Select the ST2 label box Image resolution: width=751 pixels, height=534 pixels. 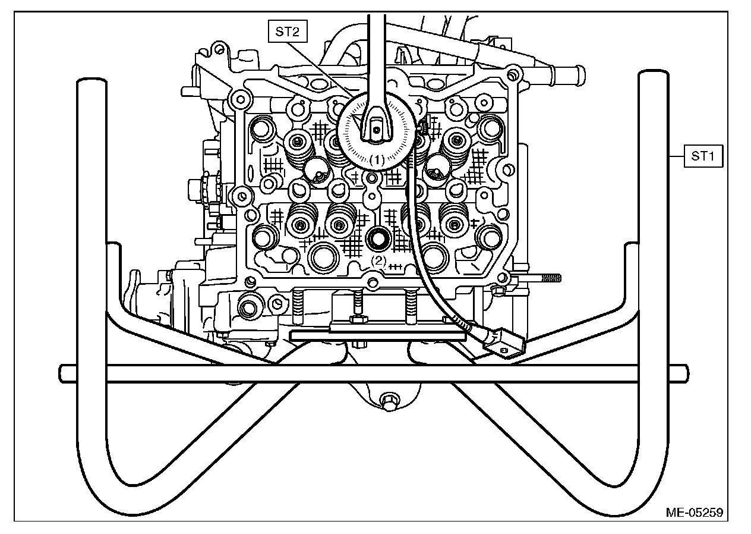[287, 32]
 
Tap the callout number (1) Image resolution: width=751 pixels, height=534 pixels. [377, 159]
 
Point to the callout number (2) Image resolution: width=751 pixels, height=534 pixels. [378, 260]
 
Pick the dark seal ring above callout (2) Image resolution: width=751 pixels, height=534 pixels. [378, 239]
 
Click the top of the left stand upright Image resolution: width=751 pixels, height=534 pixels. [91, 83]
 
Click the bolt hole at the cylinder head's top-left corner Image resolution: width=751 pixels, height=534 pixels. [239, 98]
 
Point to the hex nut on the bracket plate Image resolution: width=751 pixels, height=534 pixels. [358, 320]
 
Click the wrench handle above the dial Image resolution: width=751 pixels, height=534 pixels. [376, 54]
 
